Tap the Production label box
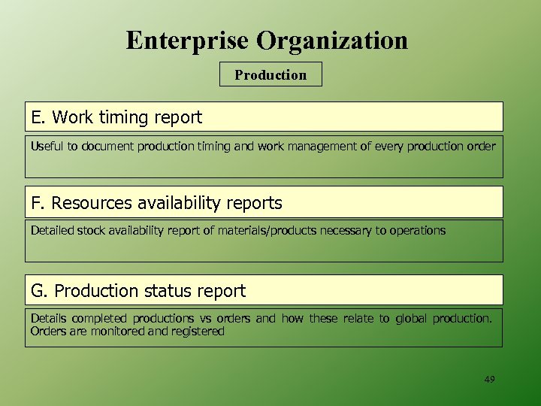pyautogui.click(x=270, y=74)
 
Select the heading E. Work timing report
pyautogui.click(x=116, y=117)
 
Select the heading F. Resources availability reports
pyautogui.click(x=156, y=203)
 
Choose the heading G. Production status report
pyautogui.click(x=138, y=291)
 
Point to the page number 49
pyautogui.click(x=490, y=380)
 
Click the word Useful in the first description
pyautogui.click(x=47, y=146)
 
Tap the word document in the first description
pyautogui.click(x=107, y=146)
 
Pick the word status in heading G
pyautogui.click(x=174, y=291)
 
